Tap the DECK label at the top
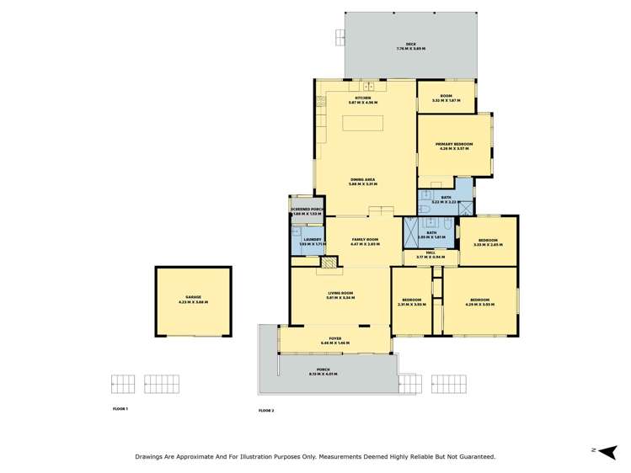click(411, 46)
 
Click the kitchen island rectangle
click(365, 124)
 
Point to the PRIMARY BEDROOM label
click(454, 146)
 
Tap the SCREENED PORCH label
click(307, 211)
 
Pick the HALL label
click(430, 253)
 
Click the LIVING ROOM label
click(340, 295)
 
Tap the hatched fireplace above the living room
click(328, 263)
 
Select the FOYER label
click(335, 340)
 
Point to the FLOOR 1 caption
click(120, 409)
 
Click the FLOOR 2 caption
click(266, 411)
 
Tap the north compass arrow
click(607, 450)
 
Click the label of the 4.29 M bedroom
click(479, 301)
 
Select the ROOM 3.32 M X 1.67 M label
click(446, 98)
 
